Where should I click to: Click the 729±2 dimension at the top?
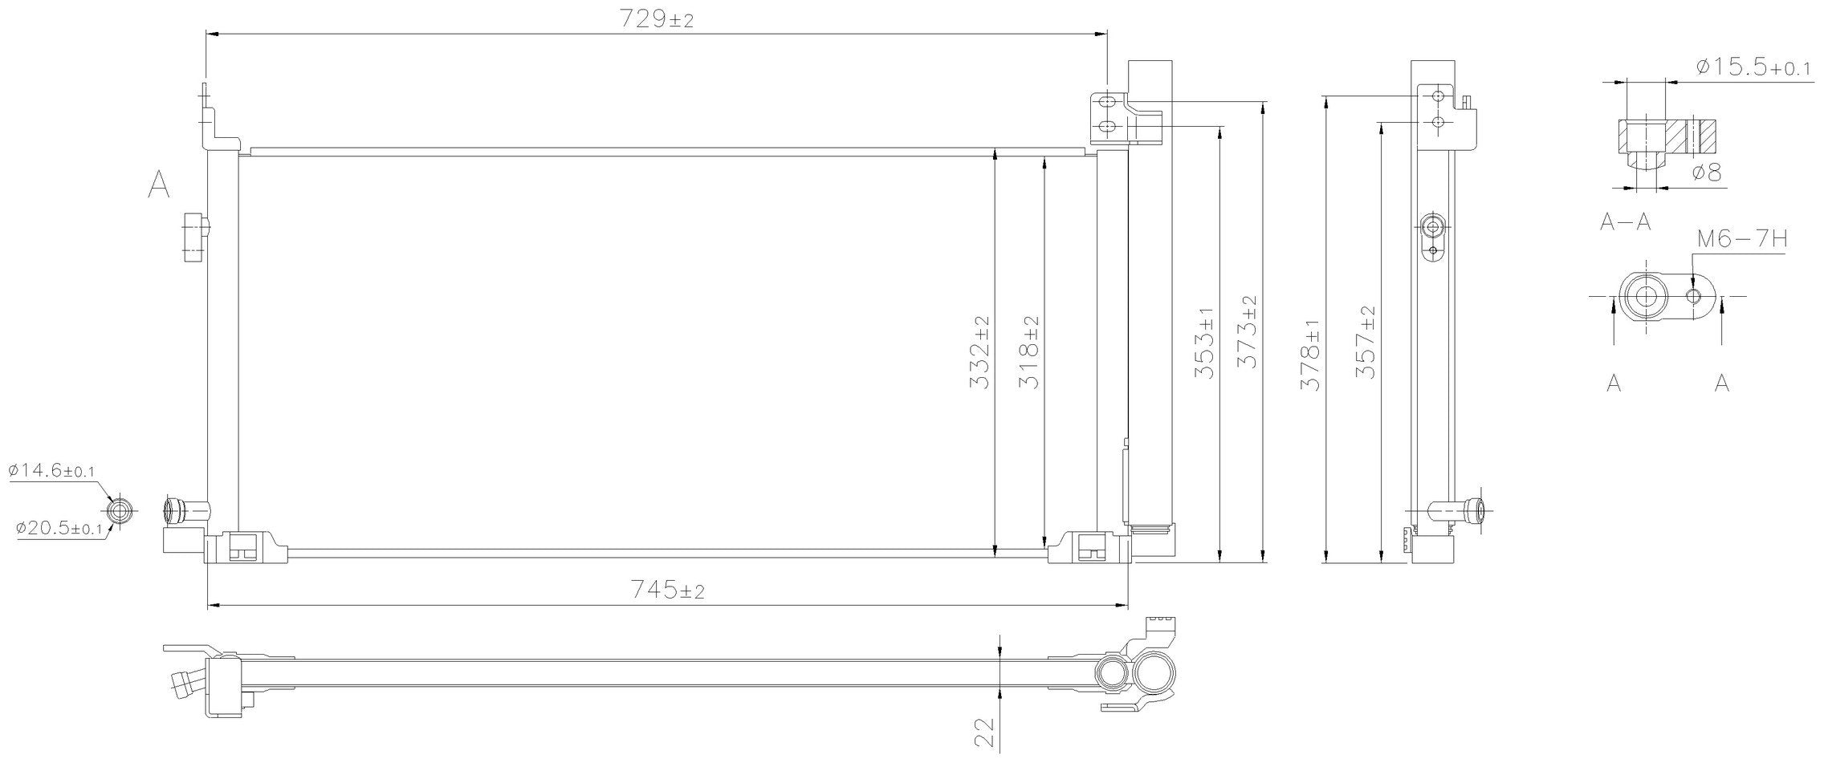click(656, 20)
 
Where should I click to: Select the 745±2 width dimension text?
click(667, 591)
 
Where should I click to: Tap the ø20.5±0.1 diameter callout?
click(58, 529)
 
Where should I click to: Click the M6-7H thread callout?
click(1741, 240)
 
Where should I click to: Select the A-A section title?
click(1625, 222)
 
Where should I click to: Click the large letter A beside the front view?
click(159, 185)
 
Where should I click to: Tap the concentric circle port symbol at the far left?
click(119, 510)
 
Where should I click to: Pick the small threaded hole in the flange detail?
click(1694, 297)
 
